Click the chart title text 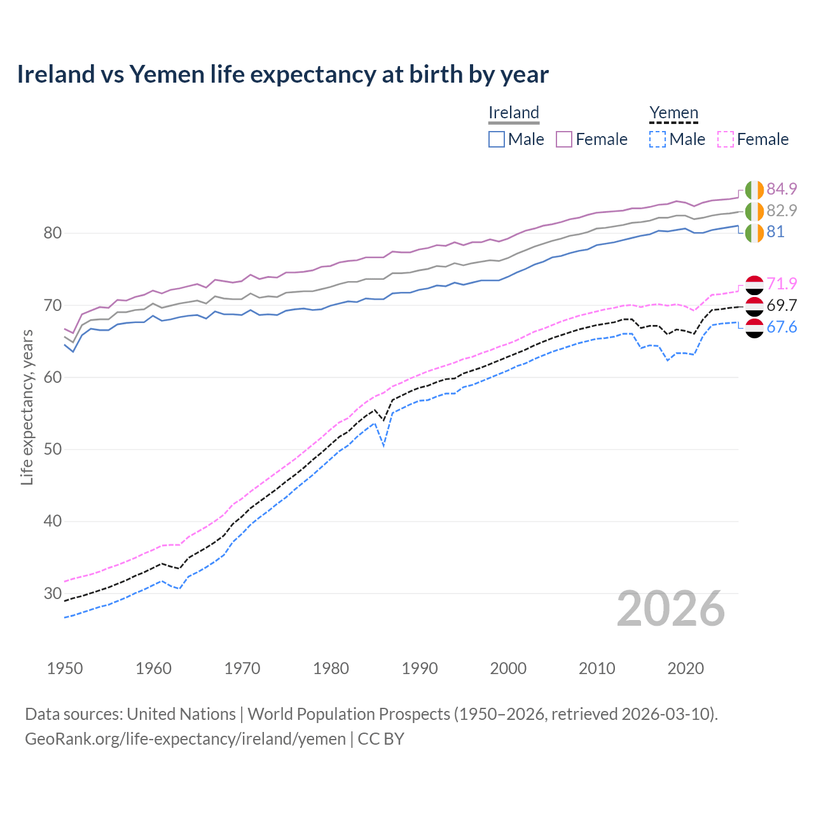282,74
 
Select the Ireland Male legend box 497,139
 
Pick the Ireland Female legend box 564,139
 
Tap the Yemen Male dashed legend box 658,139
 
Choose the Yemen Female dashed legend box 726,139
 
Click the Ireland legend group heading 514,113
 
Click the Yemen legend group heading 673,113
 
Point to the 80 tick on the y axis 52,233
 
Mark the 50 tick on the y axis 52,450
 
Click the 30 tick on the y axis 52,593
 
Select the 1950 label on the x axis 65,668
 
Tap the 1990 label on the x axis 420,668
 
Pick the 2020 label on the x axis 686,668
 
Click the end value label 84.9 782,189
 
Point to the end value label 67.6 782,327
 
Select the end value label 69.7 782,305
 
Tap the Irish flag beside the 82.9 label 754,211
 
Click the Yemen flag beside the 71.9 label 754,285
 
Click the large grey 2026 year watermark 671,609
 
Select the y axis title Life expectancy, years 27,407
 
